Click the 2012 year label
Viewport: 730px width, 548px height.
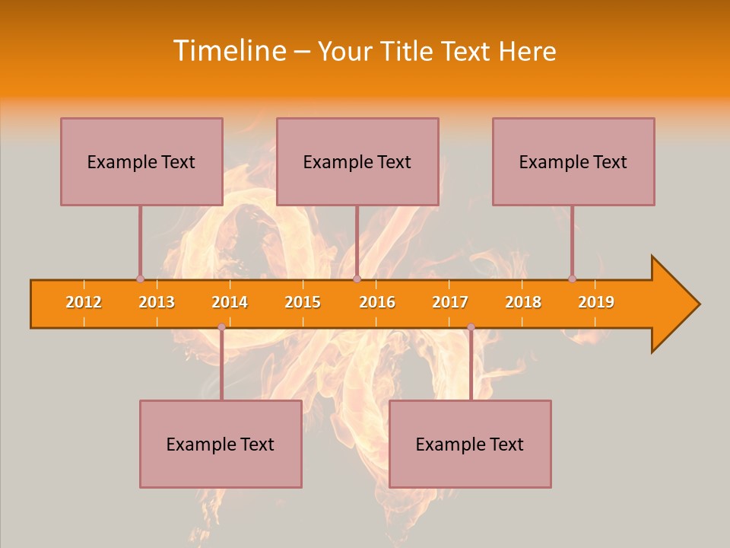pos(84,302)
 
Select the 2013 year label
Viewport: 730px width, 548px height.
pos(157,302)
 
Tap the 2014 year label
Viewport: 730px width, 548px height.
pos(230,302)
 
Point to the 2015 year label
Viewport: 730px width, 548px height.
pos(303,302)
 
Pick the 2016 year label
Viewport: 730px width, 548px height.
pos(377,302)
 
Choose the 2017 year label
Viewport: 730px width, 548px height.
pos(450,302)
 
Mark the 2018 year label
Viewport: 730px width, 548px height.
pos(523,302)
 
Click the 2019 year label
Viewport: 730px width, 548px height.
pos(596,302)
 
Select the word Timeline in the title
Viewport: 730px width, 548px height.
pos(229,51)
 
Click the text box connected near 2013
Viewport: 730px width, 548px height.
pos(141,161)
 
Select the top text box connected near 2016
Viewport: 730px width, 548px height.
pos(357,161)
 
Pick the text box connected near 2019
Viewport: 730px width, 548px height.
pos(573,161)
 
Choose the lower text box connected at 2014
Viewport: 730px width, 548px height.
pos(221,444)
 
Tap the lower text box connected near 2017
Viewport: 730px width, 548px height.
pos(470,444)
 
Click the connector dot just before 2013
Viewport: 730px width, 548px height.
pos(140,279)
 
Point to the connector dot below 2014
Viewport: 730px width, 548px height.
pos(221,327)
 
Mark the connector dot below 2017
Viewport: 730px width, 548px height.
pos(471,327)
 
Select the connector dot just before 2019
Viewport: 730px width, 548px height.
pos(572,279)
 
